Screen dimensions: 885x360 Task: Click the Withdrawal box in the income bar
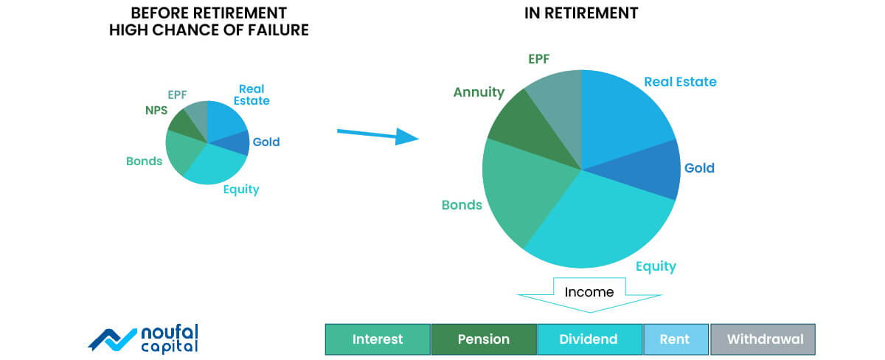click(x=763, y=339)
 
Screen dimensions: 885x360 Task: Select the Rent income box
click(x=676, y=339)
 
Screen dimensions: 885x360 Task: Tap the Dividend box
click(x=589, y=339)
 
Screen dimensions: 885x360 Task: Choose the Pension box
click(x=484, y=339)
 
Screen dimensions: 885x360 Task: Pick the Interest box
click(x=378, y=339)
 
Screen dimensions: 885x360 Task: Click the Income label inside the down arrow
click(x=589, y=292)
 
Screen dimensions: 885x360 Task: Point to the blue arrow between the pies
click(x=378, y=135)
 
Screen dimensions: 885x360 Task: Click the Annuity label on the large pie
click(x=479, y=92)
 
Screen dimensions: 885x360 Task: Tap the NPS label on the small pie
click(x=156, y=110)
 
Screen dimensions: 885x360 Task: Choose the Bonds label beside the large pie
click(x=462, y=205)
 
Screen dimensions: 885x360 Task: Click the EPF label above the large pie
click(x=539, y=59)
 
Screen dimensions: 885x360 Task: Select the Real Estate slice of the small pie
click(x=225, y=120)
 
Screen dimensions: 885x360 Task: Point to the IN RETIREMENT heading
click(x=581, y=13)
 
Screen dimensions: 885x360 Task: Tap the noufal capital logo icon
click(x=112, y=340)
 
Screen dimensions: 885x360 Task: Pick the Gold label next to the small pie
click(x=266, y=142)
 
